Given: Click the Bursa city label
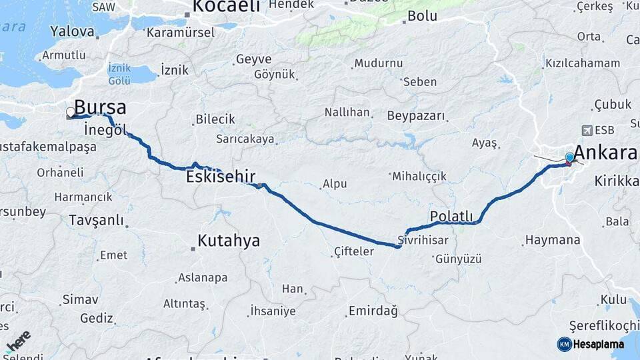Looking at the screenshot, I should (x=100, y=108).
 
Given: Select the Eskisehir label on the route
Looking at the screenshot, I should (x=221, y=177).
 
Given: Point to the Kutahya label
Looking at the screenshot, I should (x=229, y=241).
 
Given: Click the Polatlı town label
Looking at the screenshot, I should (x=451, y=217).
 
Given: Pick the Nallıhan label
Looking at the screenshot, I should (x=347, y=112).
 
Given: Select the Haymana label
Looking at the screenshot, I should (x=553, y=240).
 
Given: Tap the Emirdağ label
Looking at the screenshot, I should (x=373, y=311).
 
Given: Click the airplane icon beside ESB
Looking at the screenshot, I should (x=587, y=130).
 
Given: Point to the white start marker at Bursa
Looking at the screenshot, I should (x=71, y=113).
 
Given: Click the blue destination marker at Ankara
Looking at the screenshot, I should (x=569, y=158).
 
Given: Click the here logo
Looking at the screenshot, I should (x=18, y=341).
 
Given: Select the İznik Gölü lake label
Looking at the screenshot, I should (x=119, y=74).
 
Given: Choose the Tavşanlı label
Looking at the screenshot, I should (x=96, y=220).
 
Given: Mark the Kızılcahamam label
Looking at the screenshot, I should (x=583, y=64).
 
